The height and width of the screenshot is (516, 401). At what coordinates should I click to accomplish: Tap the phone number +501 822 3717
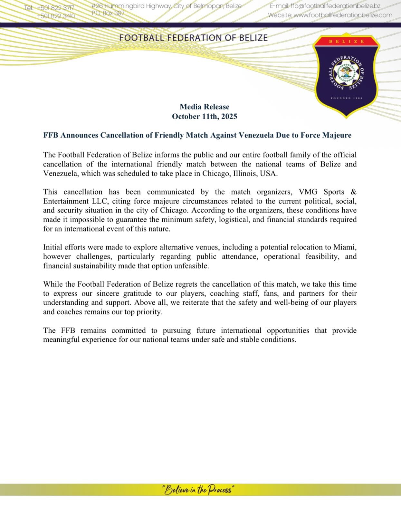[55, 8]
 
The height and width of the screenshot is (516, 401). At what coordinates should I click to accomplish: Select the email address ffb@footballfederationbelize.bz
[335, 6]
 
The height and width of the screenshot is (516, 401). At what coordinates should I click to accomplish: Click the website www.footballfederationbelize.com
[343, 15]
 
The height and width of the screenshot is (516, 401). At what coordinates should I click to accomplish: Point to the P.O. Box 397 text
[108, 13]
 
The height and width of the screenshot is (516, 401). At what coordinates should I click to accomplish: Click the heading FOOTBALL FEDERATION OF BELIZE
[193, 38]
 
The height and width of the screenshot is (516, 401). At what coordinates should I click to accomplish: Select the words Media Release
[205, 107]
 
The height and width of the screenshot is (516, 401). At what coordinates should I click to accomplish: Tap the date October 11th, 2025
[205, 116]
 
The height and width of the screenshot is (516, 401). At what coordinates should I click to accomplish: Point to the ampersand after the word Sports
[353, 192]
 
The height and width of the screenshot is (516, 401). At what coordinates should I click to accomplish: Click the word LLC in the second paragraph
[100, 201]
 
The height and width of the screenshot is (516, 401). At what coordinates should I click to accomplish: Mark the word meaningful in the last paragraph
[61, 340]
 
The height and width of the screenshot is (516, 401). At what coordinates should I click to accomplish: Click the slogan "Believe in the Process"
[198, 490]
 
